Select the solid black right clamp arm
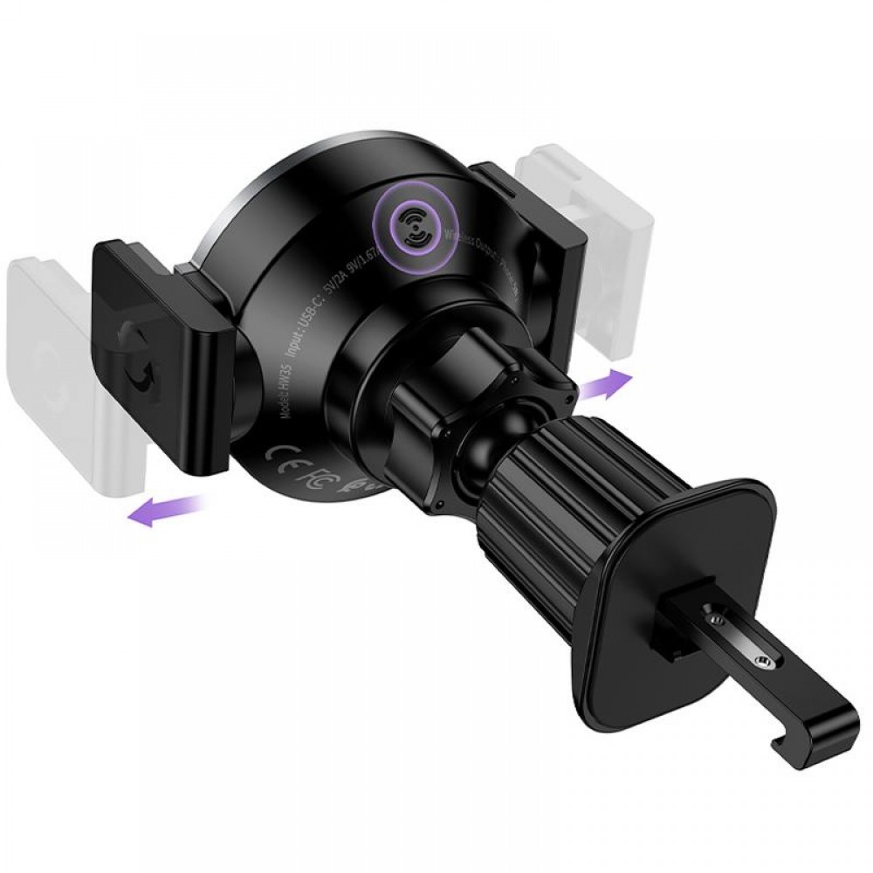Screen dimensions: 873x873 (x=533, y=244)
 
